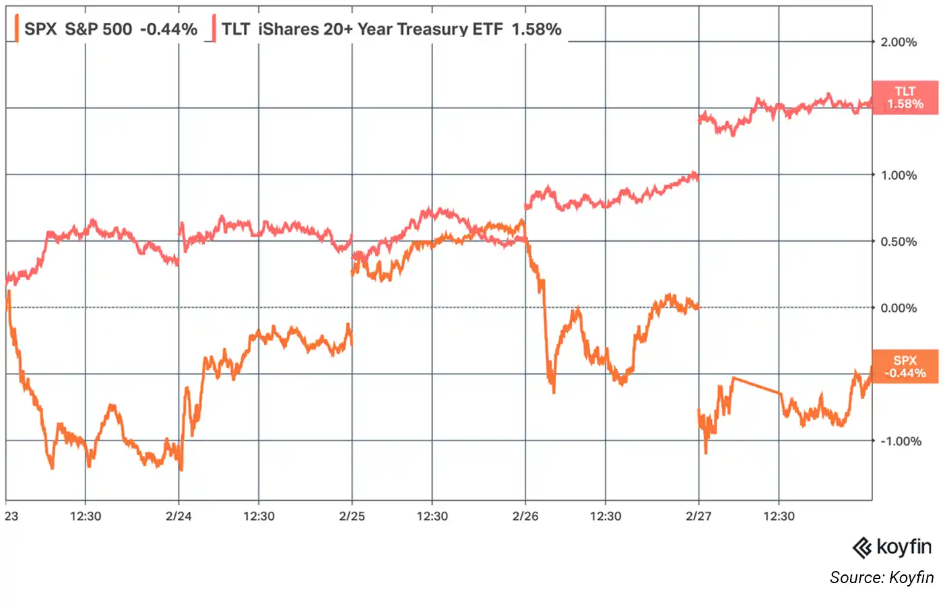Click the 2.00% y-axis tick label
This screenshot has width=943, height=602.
(899, 42)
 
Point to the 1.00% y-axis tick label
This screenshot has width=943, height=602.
(899, 175)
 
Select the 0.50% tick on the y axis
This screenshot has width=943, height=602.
(899, 242)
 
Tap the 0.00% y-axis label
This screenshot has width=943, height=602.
(899, 308)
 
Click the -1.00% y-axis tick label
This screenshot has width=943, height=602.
(900, 441)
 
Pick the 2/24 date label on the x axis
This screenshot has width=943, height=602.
(178, 516)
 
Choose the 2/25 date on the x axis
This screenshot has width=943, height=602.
(352, 516)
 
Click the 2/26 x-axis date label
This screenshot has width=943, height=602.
(525, 516)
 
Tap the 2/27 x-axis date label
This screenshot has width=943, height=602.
(698, 516)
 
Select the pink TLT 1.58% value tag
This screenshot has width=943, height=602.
(905, 98)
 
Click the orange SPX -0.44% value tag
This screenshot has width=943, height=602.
(905, 367)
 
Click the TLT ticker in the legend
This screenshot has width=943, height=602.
(236, 29)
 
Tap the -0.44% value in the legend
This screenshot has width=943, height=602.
(168, 29)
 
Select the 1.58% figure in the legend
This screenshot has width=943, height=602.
(536, 29)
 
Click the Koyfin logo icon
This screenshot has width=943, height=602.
(862, 547)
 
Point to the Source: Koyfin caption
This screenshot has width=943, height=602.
(881, 578)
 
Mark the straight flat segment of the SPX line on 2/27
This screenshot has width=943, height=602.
(756, 385)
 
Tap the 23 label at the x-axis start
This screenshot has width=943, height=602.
(11, 516)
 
